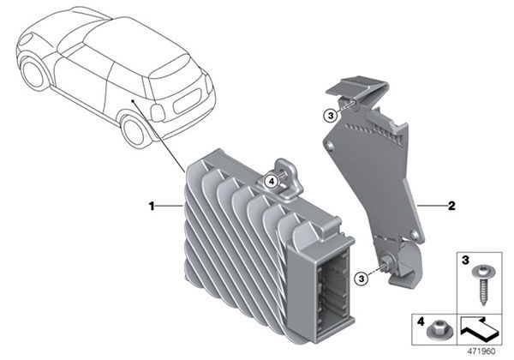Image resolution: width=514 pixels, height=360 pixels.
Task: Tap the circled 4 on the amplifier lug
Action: click(x=271, y=181)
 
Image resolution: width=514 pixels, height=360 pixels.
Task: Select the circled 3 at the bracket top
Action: click(x=329, y=115)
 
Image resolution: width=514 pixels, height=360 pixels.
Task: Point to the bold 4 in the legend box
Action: click(x=421, y=323)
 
